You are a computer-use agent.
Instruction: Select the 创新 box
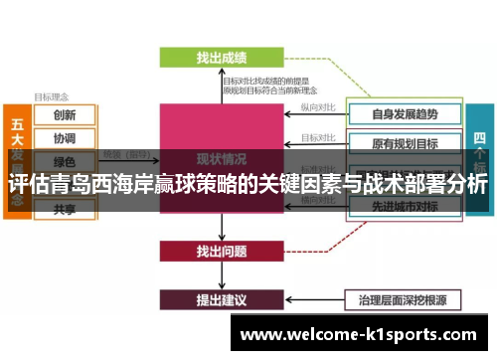65,114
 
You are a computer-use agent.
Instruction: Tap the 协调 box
65,137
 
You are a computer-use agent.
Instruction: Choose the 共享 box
65,209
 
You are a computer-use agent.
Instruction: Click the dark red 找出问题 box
222,251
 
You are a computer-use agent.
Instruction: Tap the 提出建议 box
222,298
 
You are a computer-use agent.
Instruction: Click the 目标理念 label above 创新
51,96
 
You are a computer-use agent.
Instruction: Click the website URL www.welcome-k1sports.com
362,334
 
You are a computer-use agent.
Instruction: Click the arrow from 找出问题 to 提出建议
222,274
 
